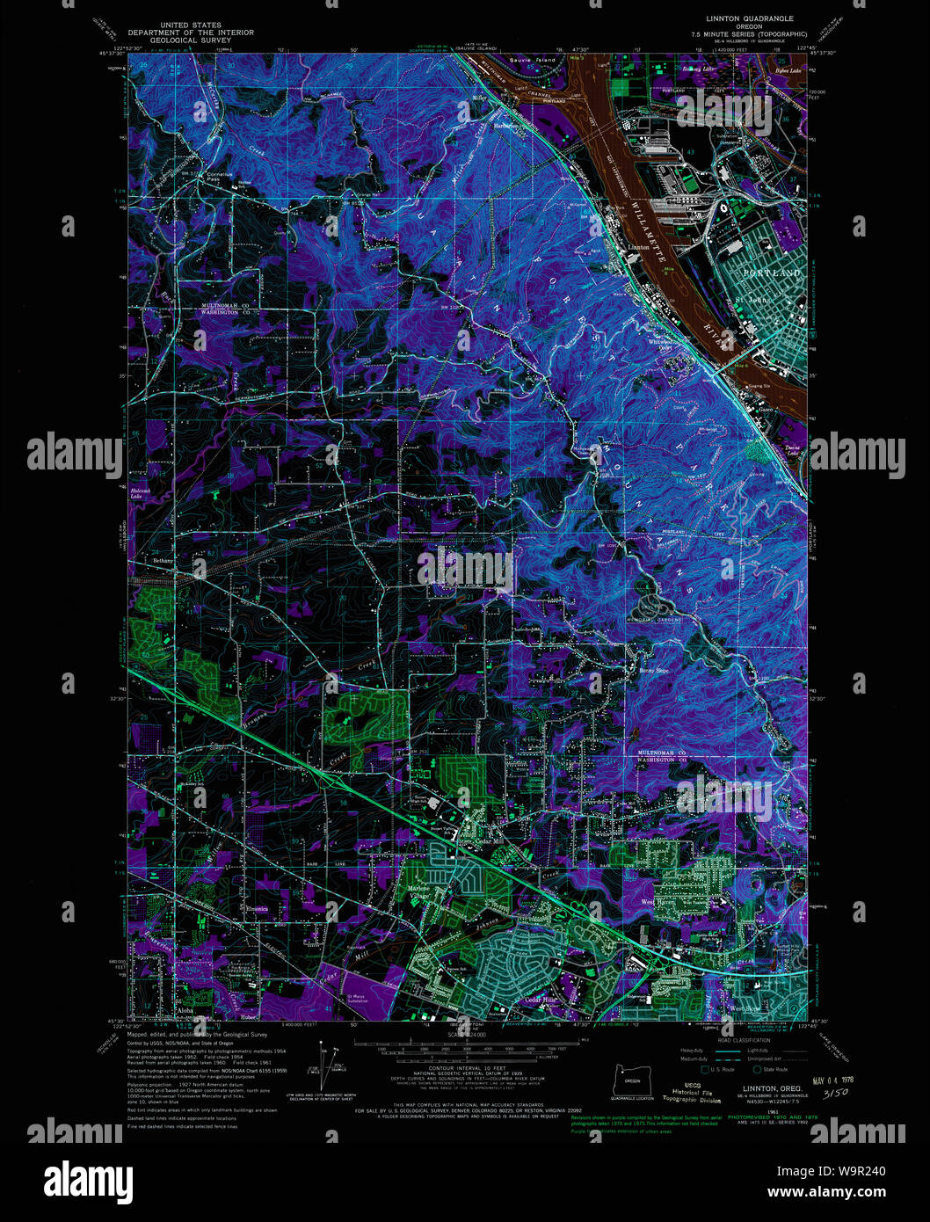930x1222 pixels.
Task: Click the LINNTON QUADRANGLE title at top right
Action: click(x=749, y=18)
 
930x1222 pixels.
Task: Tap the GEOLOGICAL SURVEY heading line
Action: click(x=191, y=40)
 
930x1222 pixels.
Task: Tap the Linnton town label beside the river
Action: click(x=638, y=247)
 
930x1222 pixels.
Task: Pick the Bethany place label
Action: click(x=163, y=560)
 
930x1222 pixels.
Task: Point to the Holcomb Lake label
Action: click(x=141, y=493)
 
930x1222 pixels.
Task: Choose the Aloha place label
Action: click(x=185, y=1011)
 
